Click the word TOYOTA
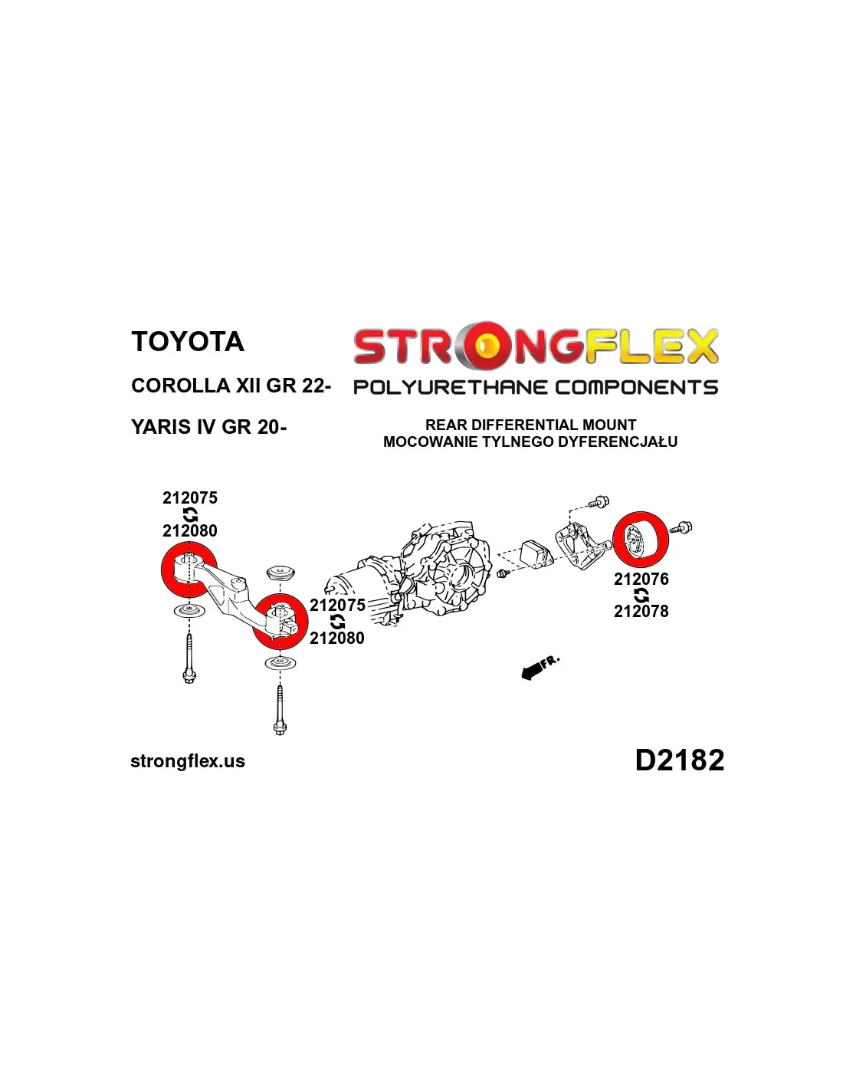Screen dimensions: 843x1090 pyautogui.click(x=188, y=341)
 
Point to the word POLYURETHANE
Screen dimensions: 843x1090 pyautogui.click(x=450, y=388)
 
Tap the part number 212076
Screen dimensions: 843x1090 pyautogui.click(x=641, y=579)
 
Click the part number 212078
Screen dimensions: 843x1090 pyautogui.click(x=641, y=611)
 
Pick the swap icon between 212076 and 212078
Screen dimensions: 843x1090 pyautogui.click(x=641, y=595)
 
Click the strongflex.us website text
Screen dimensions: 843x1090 pyautogui.click(x=188, y=761)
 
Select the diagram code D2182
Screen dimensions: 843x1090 pyautogui.click(x=680, y=760)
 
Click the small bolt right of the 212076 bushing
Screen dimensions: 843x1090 pyautogui.click(x=682, y=527)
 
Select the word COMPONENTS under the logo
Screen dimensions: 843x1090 pyautogui.click(x=636, y=388)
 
